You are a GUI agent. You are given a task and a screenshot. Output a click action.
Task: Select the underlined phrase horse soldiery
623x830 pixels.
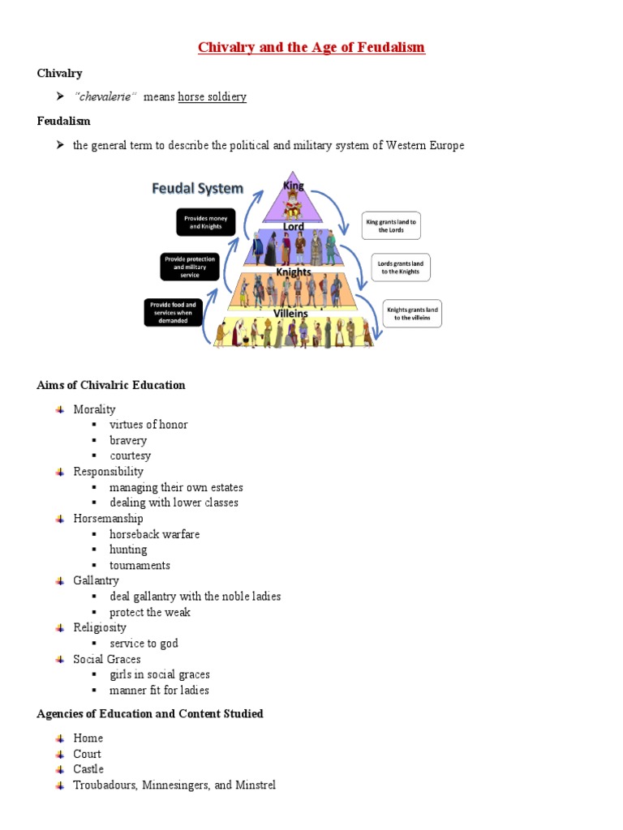212,97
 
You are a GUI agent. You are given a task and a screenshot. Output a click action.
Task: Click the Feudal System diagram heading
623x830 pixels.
198,189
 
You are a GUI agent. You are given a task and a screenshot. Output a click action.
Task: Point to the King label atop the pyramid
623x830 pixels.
293,186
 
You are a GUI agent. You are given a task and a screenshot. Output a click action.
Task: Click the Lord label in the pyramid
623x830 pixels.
293,226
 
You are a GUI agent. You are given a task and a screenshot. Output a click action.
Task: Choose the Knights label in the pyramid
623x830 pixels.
293,272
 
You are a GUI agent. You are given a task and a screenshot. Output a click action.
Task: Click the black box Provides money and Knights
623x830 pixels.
206,223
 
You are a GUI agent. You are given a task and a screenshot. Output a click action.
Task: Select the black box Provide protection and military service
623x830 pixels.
189,267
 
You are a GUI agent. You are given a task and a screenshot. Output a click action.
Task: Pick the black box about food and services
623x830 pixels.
173,313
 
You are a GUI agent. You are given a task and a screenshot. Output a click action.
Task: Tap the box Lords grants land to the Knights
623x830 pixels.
400,267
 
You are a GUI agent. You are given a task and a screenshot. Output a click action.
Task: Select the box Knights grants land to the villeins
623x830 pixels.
412,314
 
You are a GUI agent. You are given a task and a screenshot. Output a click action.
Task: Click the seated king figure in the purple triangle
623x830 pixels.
293,207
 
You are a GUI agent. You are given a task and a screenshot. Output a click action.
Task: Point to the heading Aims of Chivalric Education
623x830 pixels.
111,385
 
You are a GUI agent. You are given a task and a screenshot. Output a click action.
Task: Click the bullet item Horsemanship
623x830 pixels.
108,519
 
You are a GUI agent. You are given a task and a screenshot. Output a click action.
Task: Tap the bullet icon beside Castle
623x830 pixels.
60,769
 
